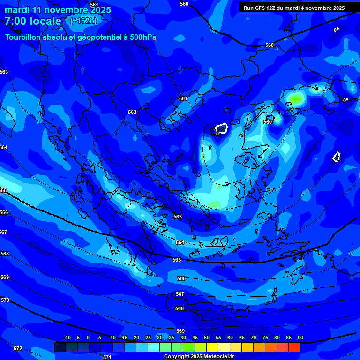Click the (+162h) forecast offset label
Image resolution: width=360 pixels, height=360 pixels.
click(x=83, y=21)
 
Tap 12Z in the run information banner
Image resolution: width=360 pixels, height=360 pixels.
click(x=272, y=8)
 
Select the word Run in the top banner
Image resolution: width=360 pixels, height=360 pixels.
click(x=248, y=8)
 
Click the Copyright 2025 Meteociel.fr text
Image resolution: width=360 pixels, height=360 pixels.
click(x=199, y=357)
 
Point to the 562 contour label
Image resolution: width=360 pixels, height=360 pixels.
click(x=132, y=112)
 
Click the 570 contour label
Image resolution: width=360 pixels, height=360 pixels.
click(x=5, y=300)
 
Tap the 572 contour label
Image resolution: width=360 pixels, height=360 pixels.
click(x=18, y=348)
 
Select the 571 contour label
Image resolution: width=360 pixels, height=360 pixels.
click(x=107, y=357)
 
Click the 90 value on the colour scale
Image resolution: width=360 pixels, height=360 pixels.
click(x=300, y=338)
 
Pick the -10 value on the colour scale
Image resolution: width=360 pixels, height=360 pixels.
click(x=67, y=338)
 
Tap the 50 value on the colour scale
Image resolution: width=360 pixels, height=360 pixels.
click(x=207, y=338)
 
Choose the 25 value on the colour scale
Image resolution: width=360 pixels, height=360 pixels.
click(x=148, y=338)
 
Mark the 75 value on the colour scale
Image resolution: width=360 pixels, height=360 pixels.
click(x=265, y=338)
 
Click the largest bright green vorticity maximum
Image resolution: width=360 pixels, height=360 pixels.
click(x=296, y=98)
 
